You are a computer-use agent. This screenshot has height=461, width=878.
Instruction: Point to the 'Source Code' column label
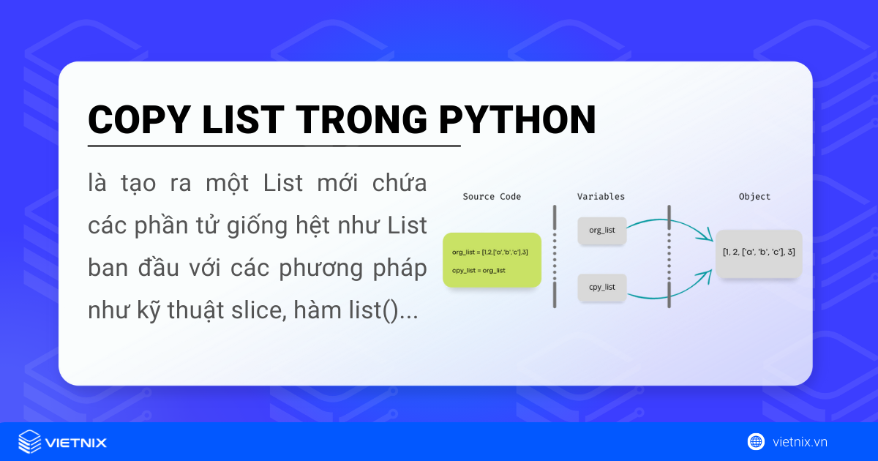point(492,197)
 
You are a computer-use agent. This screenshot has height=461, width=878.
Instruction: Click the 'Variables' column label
point(601,197)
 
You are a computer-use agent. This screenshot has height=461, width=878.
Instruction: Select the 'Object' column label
point(754,197)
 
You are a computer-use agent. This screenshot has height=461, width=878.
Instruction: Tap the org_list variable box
point(601,230)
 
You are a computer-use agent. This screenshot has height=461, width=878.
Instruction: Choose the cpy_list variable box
point(601,288)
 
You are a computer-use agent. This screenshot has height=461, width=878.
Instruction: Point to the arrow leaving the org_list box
point(669,220)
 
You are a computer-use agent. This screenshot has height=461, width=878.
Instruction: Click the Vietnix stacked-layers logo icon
point(29,441)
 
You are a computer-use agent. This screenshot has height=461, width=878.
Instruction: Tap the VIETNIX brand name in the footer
point(76,443)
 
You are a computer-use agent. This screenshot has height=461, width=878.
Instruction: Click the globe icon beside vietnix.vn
point(756,441)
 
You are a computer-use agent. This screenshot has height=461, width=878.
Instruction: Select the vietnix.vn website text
point(800,442)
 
